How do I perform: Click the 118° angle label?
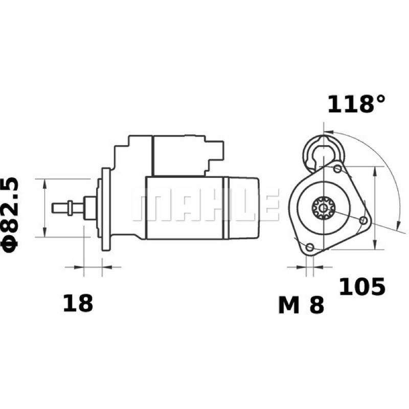click(x=356, y=104)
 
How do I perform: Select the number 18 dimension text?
click(x=78, y=303)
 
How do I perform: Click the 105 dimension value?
click(x=362, y=287)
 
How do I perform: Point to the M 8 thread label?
click(x=301, y=305)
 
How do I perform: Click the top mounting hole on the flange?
click(x=338, y=169)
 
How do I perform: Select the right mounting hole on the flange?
click(x=363, y=221)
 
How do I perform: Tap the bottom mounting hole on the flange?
click(x=310, y=247)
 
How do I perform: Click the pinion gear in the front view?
click(x=324, y=208)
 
